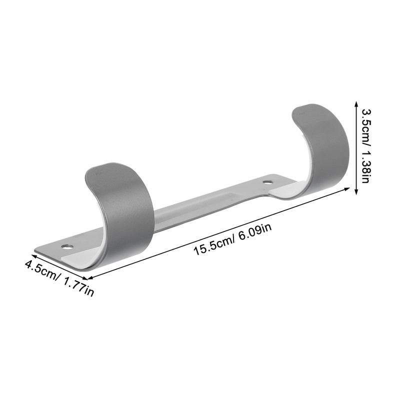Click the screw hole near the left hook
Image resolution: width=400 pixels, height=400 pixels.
[67, 246]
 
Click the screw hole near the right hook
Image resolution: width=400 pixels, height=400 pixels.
[267, 182]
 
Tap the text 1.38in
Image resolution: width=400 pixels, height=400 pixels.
[366, 165]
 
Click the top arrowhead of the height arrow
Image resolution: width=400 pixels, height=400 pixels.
[356, 103]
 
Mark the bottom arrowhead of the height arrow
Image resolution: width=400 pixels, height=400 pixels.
[356, 192]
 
